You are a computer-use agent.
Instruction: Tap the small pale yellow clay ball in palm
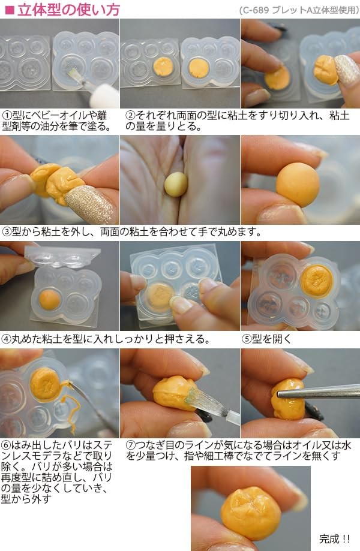point(175,183)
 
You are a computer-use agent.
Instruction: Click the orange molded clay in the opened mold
point(316,280)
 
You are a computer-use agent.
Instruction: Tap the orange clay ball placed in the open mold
point(49,297)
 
